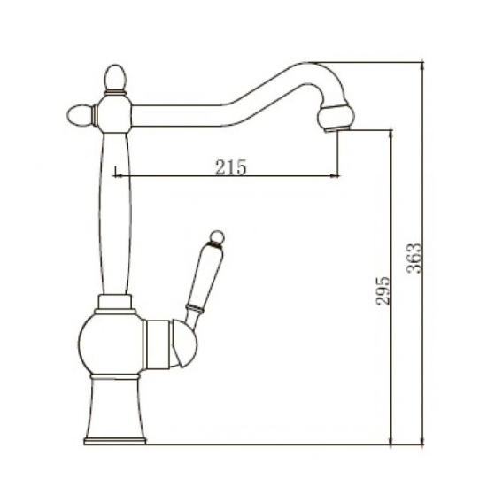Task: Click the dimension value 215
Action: pos(229,166)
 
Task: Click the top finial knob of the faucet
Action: pos(115,80)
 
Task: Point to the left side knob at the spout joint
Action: pos(79,113)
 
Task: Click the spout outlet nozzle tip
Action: pos(335,128)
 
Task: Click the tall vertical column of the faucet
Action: pos(116,213)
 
